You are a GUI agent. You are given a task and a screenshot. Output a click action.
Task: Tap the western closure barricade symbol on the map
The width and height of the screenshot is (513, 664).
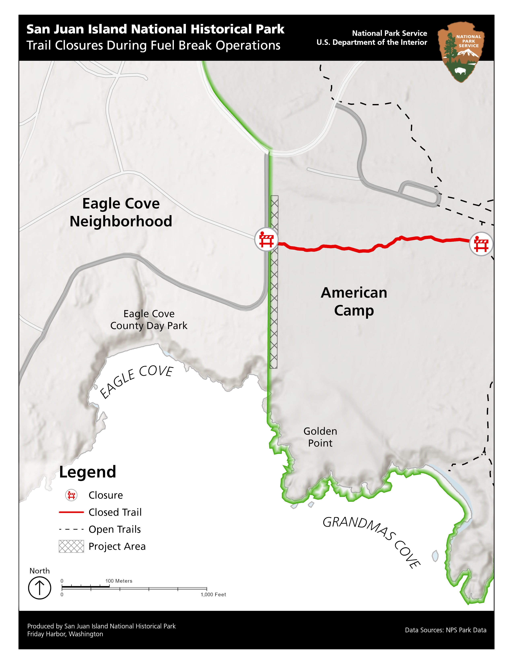266,240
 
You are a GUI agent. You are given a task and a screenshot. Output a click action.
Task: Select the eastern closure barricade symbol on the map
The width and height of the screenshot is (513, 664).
481,244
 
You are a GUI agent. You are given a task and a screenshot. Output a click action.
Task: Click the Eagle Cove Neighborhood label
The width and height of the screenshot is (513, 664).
121,212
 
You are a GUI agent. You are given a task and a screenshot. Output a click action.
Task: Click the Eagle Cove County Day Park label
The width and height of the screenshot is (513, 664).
149,320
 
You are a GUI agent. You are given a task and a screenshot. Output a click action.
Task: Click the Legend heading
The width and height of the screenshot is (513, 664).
88,472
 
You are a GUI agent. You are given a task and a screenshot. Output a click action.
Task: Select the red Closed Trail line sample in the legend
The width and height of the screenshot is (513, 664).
71,512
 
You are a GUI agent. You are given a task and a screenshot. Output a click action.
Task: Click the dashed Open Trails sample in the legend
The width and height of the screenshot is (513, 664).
71,529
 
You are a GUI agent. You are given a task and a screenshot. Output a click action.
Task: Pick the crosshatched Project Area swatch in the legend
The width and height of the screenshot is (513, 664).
71,546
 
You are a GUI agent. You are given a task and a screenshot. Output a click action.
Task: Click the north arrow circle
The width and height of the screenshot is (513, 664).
39,588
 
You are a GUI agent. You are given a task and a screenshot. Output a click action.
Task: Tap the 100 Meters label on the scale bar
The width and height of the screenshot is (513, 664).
119,581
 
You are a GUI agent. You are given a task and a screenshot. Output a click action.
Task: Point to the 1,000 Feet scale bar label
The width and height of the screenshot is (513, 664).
213,594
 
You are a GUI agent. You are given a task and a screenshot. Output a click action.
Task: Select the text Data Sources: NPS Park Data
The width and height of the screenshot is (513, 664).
446,630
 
